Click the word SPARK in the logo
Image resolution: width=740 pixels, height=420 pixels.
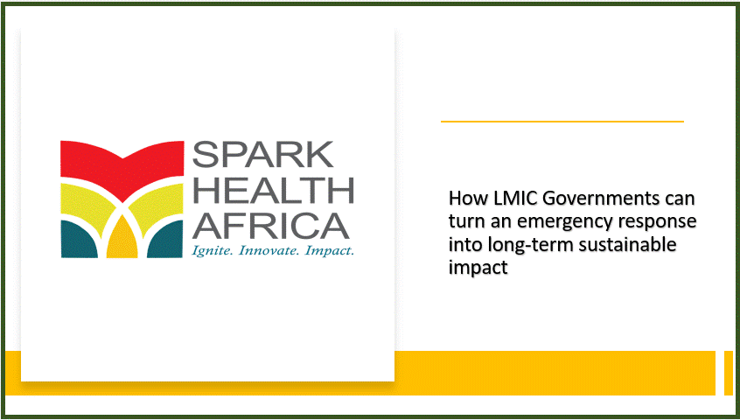click(x=263, y=154)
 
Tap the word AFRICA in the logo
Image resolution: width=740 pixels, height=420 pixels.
click(x=271, y=226)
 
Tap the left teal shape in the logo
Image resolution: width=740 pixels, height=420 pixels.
click(x=79, y=239)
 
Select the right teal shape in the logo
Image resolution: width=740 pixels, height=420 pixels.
click(x=165, y=239)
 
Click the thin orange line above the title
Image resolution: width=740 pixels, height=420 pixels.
click(x=562, y=122)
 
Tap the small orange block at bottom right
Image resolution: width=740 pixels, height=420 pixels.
click(x=729, y=373)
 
